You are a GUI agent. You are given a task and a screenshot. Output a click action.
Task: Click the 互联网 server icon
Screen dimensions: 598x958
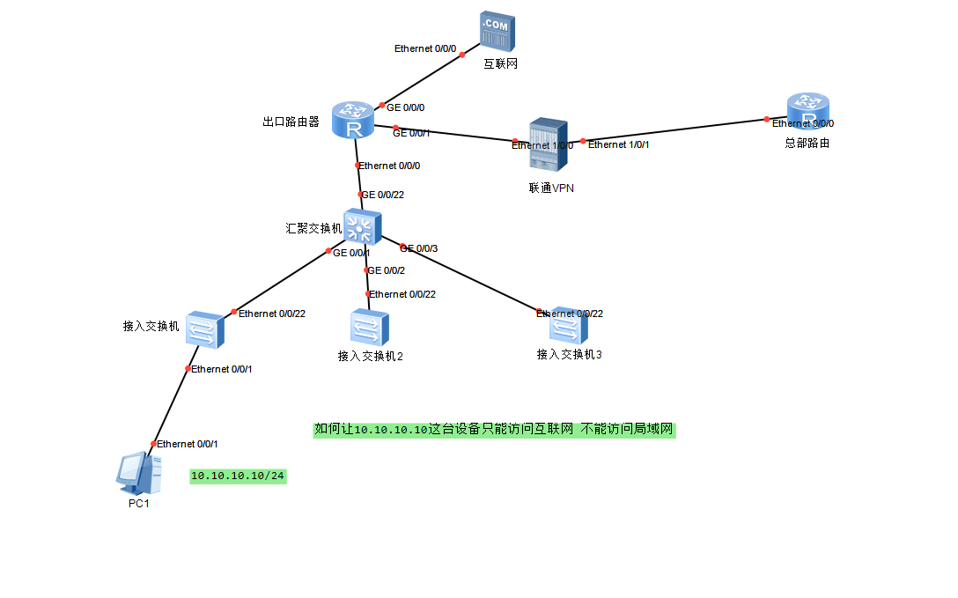(497, 33)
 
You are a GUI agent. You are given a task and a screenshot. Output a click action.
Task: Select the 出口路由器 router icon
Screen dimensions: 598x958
(354, 121)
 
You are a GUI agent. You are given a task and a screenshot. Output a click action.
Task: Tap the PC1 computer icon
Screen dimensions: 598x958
(139, 472)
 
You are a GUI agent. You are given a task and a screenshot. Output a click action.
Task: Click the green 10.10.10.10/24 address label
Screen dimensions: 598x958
(239, 476)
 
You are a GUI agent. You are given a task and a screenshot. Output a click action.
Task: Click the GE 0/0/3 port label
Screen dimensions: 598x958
(418, 248)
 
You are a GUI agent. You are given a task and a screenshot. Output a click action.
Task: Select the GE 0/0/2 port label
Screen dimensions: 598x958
(387, 270)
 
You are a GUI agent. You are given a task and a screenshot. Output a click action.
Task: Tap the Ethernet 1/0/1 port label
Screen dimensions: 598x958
(618, 144)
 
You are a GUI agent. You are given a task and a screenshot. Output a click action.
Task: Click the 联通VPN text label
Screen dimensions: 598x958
(551, 188)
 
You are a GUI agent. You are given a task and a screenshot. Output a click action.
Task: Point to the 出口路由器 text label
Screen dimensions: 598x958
(291, 122)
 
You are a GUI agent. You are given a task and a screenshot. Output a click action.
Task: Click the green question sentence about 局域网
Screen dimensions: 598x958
(494, 430)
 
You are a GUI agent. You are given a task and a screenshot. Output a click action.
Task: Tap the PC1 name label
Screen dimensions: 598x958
(139, 504)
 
